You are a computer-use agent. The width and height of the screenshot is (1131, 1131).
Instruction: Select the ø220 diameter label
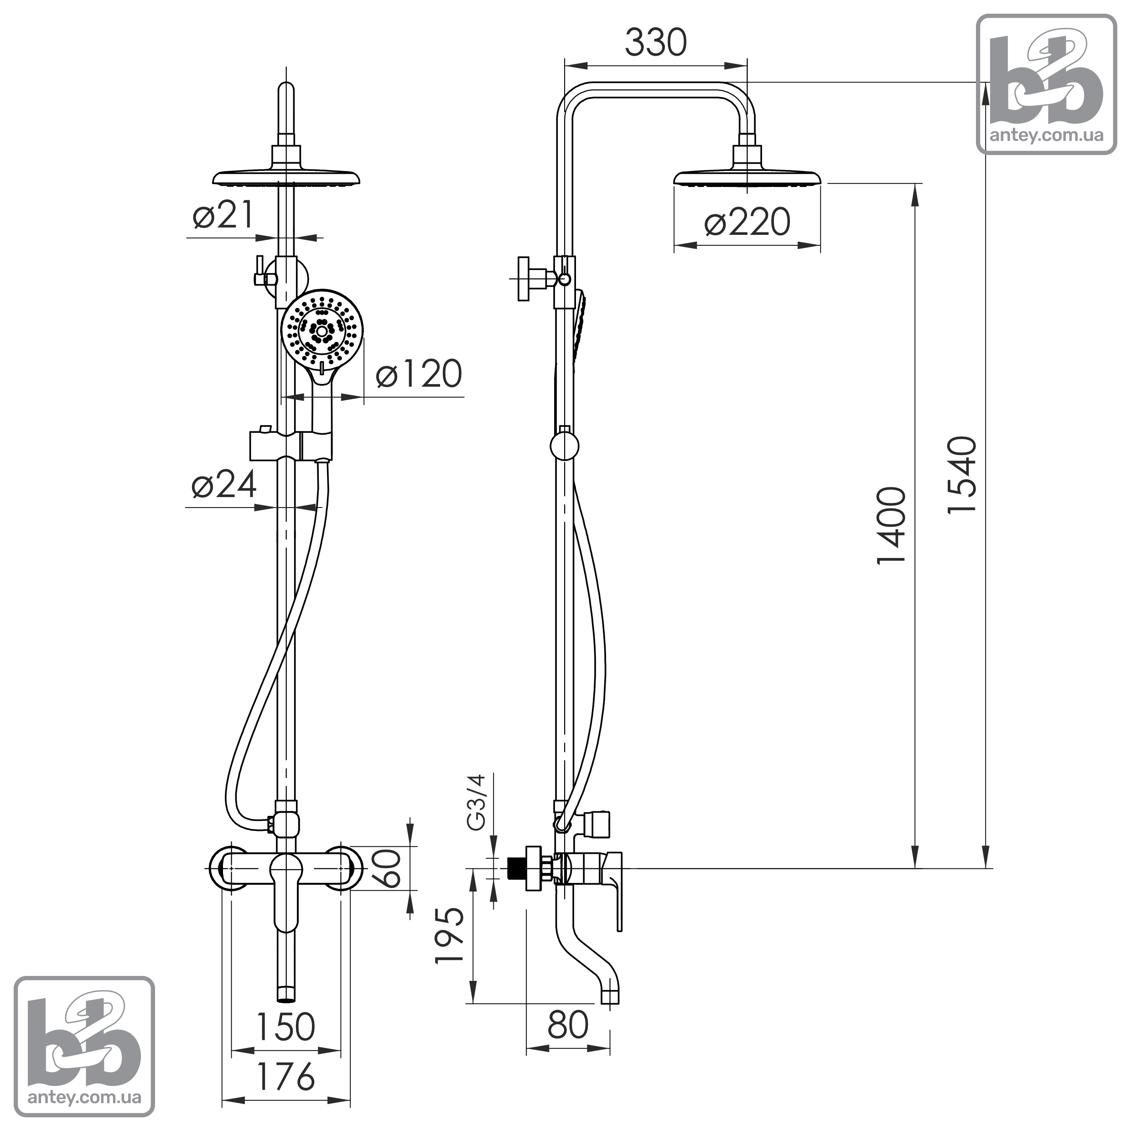point(747,223)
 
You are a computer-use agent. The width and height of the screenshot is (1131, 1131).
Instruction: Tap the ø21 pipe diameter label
point(223,214)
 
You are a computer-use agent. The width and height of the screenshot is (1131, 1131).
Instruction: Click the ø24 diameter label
point(224,484)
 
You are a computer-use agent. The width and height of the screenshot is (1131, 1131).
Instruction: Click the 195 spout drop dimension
point(450,935)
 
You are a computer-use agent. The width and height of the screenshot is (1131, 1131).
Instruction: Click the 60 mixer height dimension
point(387,868)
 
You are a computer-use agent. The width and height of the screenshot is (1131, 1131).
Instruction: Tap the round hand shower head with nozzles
point(322,330)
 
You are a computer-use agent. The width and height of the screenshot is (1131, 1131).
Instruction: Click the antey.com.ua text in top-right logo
point(1046,135)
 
